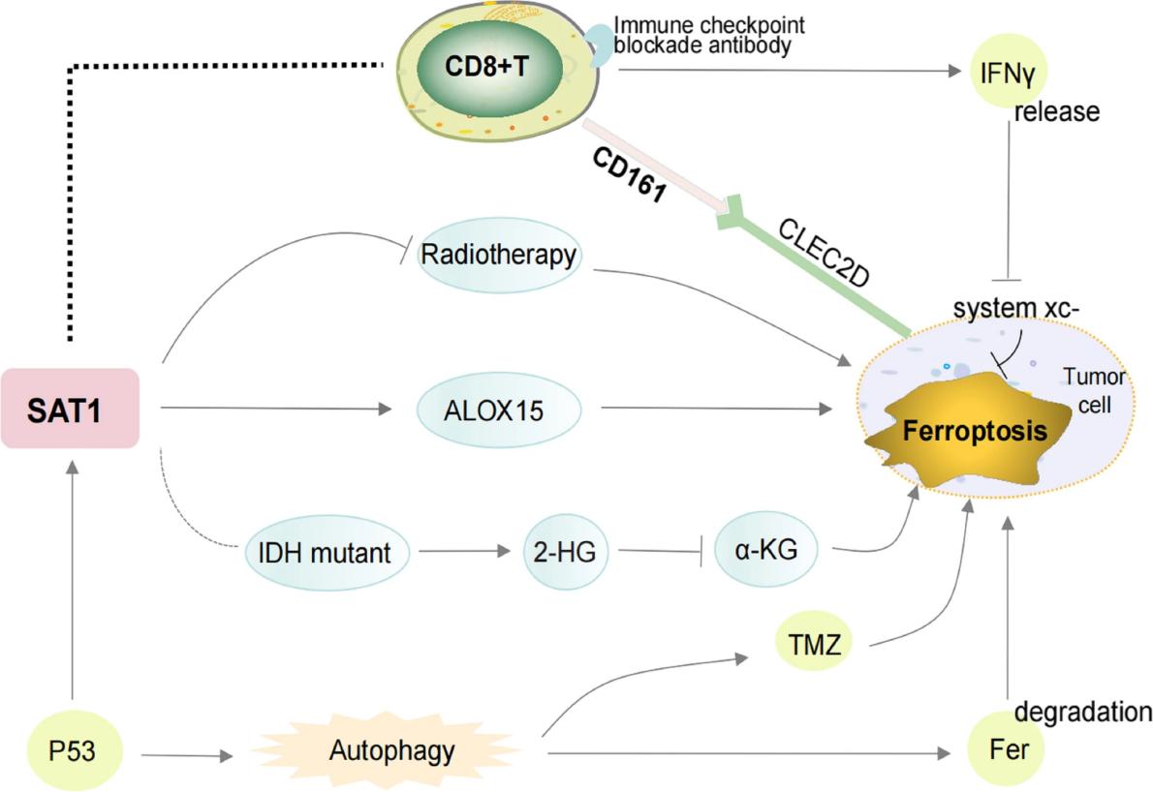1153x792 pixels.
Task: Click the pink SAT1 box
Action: click(70, 408)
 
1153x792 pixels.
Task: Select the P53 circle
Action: click(73, 750)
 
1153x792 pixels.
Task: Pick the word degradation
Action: click(1083, 713)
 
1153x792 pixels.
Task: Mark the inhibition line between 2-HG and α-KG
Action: click(659, 553)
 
